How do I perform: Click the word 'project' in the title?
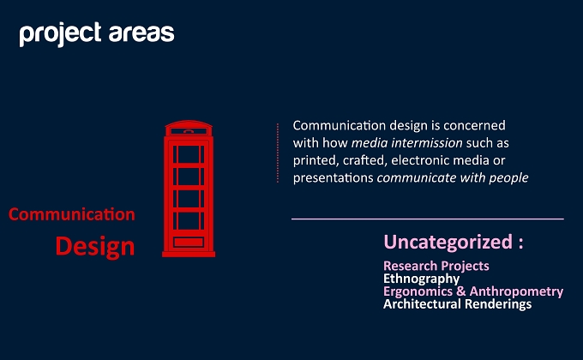pos(60,34)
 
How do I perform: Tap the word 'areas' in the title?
pos(141,33)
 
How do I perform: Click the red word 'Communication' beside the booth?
pos(72,214)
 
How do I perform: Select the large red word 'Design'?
pos(95,247)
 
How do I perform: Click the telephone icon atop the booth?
pos(189,131)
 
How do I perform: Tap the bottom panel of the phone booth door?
pos(189,242)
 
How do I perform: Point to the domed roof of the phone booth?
pos(189,123)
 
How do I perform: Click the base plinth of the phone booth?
pos(189,255)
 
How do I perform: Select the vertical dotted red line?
pos(278,153)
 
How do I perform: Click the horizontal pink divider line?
pos(428,219)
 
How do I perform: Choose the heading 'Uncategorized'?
pos(448,242)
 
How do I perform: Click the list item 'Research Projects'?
pos(436,266)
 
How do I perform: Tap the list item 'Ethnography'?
pos(421,279)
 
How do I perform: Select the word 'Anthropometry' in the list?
pos(516,291)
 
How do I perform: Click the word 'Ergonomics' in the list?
pos(418,291)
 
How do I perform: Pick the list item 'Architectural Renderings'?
pos(457,304)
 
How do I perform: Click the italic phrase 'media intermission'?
pos(406,143)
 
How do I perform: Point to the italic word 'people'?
pos(508,178)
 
